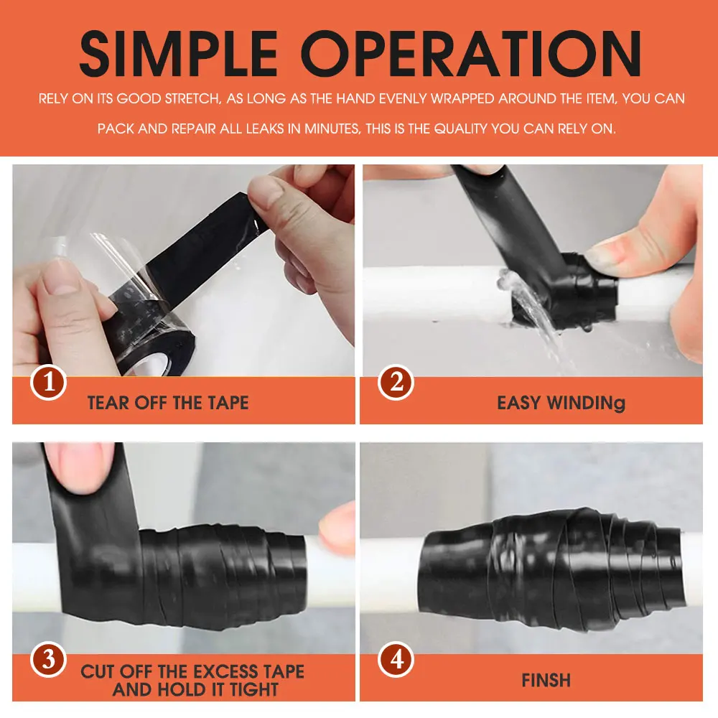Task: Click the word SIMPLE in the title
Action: (179, 54)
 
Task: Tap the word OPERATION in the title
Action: (471, 54)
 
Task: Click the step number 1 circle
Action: (49, 383)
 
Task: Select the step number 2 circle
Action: (396, 383)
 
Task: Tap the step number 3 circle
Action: (49, 660)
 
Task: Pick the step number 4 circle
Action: (396, 660)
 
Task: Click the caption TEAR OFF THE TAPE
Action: (168, 403)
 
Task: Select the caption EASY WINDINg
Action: (561, 404)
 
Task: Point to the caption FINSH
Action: (546, 681)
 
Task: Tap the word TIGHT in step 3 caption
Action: (254, 689)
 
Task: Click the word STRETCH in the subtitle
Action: (192, 98)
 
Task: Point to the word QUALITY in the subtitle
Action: (460, 129)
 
